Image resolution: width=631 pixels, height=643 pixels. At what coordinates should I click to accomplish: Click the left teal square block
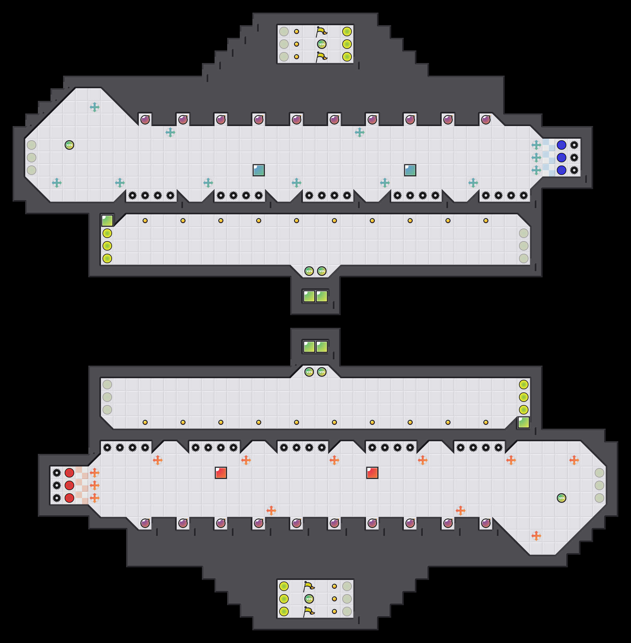258,170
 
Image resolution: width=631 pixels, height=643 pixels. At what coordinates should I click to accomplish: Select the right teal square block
410,170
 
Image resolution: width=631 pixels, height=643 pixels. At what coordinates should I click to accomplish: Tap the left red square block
221,473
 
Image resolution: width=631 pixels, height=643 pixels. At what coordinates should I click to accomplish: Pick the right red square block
372,473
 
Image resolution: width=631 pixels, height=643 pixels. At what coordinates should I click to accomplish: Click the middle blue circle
561,158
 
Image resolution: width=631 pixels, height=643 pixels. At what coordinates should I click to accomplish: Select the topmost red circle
69,473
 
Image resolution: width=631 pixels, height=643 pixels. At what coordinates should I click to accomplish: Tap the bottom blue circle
561,170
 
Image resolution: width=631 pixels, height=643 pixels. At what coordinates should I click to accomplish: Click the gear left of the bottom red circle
57,498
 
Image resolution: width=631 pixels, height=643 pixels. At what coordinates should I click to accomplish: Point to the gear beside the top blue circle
574,145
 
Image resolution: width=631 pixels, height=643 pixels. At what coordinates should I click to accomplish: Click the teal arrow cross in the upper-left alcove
94,107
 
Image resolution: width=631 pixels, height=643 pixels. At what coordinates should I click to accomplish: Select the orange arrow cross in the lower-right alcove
536,536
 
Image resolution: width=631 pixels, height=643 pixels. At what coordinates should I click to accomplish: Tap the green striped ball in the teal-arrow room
69,145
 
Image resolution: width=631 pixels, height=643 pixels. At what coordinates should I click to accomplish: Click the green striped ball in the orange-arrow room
561,498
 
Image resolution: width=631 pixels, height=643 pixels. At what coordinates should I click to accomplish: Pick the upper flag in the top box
321,32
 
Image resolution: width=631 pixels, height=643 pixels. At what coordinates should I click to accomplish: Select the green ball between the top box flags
321,44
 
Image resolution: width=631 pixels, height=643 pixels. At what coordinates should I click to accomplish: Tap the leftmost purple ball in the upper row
145,119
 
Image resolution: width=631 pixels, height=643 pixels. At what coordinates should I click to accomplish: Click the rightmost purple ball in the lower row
486,523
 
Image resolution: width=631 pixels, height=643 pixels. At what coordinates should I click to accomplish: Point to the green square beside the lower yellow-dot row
524,422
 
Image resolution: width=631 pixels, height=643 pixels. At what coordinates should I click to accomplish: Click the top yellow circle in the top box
347,32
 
